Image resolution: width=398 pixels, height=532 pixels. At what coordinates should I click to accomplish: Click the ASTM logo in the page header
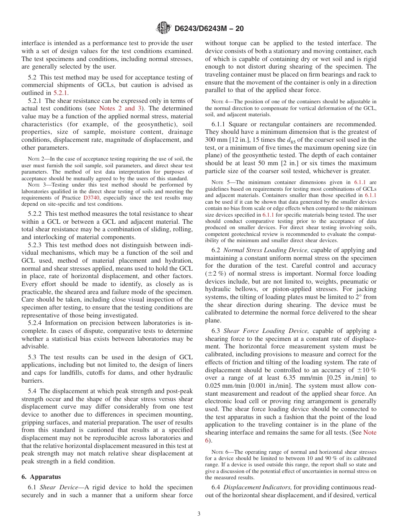pos(163,28)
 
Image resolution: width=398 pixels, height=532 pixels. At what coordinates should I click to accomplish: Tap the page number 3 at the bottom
pos(199,514)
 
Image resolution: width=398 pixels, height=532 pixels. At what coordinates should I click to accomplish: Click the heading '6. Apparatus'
pos(41,477)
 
